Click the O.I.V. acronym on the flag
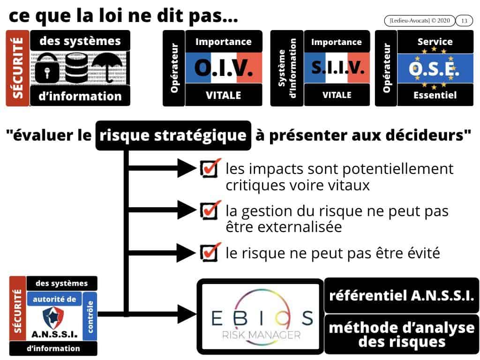click(x=223, y=69)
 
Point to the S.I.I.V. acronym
click(x=337, y=69)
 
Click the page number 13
click(x=464, y=21)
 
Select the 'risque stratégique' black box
click(x=173, y=135)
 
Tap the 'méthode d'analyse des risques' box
click(x=402, y=334)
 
